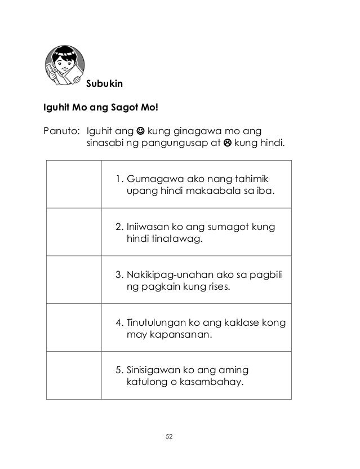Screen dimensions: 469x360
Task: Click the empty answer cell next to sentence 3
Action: (73, 281)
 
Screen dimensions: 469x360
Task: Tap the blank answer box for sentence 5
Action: (73, 377)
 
